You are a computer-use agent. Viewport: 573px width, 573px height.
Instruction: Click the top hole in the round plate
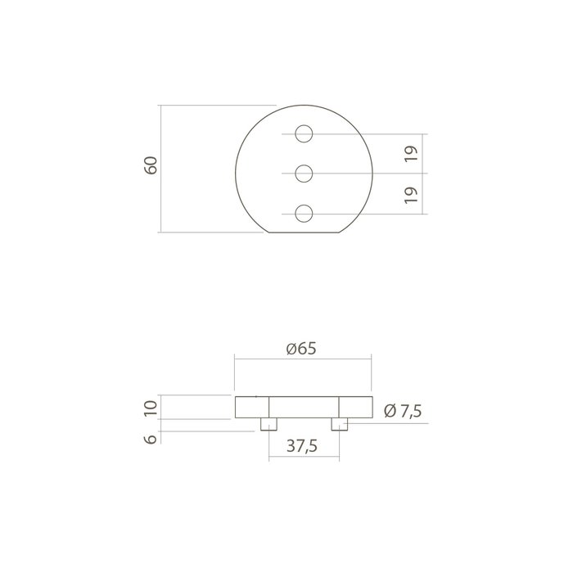click(304, 133)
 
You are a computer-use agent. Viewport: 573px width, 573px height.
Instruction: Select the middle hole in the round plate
click(304, 173)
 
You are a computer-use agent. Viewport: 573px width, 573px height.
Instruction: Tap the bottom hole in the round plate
click(304, 213)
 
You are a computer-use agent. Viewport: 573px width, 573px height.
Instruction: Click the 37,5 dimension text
click(303, 446)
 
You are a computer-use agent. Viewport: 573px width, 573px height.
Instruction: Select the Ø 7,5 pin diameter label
click(402, 411)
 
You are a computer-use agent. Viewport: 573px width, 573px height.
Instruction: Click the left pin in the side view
click(268, 424)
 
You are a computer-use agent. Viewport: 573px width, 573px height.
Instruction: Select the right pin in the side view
click(339, 424)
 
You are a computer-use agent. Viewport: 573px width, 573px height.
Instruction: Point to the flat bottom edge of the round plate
click(304, 233)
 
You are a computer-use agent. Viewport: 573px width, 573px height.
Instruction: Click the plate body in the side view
click(303, 408)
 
